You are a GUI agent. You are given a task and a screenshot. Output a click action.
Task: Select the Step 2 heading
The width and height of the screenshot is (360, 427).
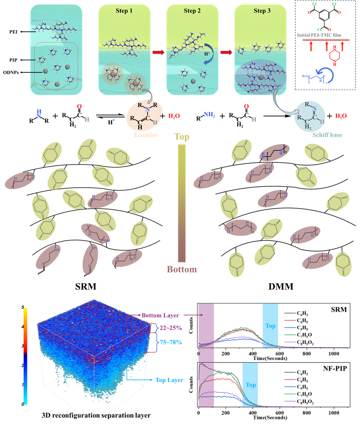click(192, 11)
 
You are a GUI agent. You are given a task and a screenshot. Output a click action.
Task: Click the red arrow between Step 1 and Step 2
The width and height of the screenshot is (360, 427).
click(158, 52)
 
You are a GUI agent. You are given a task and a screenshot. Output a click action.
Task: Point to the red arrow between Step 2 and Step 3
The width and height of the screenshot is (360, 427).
click(226, 52)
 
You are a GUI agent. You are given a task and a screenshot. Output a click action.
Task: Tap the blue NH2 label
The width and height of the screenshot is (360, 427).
click(209, 115)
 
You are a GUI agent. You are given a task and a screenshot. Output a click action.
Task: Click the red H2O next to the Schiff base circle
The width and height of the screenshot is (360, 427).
click(341, 116)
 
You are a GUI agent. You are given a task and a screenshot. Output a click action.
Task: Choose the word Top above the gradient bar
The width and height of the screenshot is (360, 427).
click(182, 137)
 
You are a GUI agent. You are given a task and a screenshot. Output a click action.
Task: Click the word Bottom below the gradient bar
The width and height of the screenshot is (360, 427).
click(182, 269)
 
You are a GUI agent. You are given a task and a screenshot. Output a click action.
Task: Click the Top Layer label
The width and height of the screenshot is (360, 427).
click(169, 380)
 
